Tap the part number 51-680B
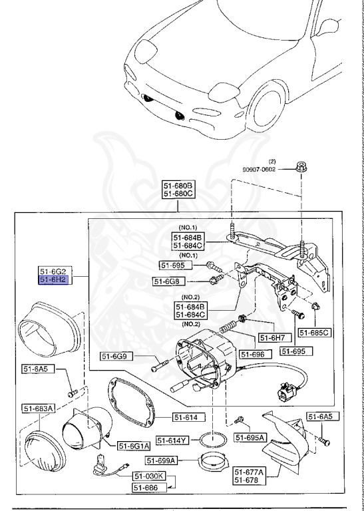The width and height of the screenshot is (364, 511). [x=178, y=185]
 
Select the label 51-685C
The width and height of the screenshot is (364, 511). [x=314, y=332]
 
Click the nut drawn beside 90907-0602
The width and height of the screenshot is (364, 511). [x=301, y=167]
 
